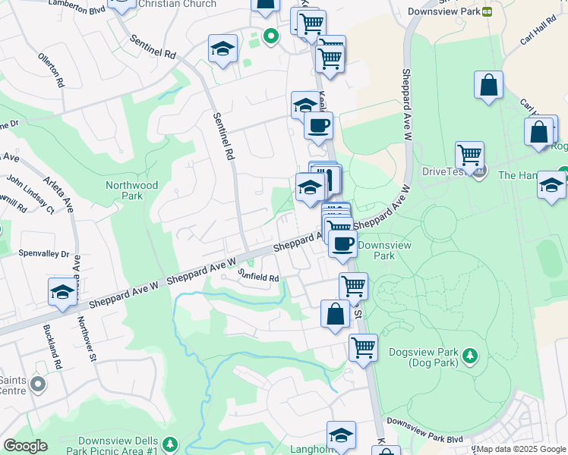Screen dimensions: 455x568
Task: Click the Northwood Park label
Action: click(x=131, y=190)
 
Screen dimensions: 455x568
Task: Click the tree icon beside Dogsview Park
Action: click(x=470, y=355)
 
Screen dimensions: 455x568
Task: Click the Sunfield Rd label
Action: click(x=257, y=277)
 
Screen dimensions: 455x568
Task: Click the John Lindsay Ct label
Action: click(x=31, y=193)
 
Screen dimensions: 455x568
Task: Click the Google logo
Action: click(x=25, y=446)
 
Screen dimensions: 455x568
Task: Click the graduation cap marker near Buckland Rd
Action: click(x=62, y=292)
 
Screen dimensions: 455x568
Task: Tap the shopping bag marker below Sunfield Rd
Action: click(x=335, y=313)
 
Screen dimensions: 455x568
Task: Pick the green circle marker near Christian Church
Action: click(x=269, y=35)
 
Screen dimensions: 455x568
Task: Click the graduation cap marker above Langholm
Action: click(x=341, y=435)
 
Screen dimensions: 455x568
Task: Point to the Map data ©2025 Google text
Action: click(x=521, y=449)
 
